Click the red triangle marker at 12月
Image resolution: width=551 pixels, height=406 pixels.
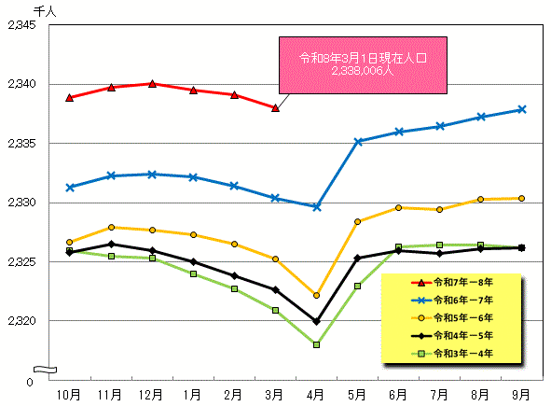(152, 83)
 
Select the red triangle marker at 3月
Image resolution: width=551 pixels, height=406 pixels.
(275, 107)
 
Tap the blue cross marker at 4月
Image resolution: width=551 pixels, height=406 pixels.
(317, 207)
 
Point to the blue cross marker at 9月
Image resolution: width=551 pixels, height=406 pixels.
(522, 109)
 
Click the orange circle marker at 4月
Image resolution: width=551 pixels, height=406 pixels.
(317, 295)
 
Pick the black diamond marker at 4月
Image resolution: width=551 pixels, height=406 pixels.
(317, 321)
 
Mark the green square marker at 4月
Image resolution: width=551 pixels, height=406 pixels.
(317, 344)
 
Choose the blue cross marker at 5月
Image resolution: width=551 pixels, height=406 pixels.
(358, 141)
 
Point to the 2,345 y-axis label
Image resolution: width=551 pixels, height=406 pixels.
(21, 25)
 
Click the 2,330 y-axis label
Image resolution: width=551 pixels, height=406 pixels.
(21, 203)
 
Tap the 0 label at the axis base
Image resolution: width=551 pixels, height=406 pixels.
(32, 381)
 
